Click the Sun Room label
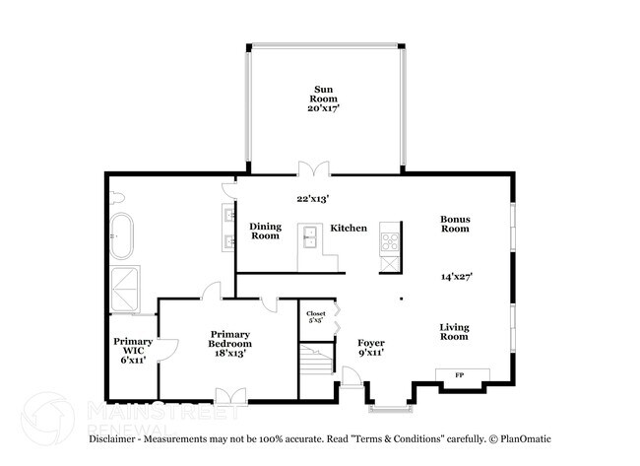pyautogui.click(x=323, y=94)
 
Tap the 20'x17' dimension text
pyautogui.click(x=324, y=108)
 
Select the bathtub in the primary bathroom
pyautogui.click(x=122, y=236)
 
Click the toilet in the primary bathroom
pyautogui.click(x=117, y=198)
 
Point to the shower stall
pyautogui.click(x=125, y=290)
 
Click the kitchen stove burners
pyautogui.click(x=390, y=241)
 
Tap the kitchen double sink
pyautogui.click(x=310, y=237)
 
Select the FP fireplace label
pyautogui.click(x=460, y=375)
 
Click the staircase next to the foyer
pyautogui.click(x=317, y=359)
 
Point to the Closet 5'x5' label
pyautogui.click(x=316, y=317)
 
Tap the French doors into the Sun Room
pyautogui.click(x=313, y=168)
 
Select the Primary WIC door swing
pyautogui.click(x=167, y=350)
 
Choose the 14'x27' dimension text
pyautogui.click(x=457, y=277)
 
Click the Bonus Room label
pyautogui.click(x=455, y=224)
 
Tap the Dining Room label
pyautogui.click(x=265, y=231)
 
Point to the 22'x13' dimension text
pyautogui.click(x=313, y=199)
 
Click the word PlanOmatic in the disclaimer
pyautogui.click(x=526, y=439)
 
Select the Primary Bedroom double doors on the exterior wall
pyautogui.click(x=231, y=396)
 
